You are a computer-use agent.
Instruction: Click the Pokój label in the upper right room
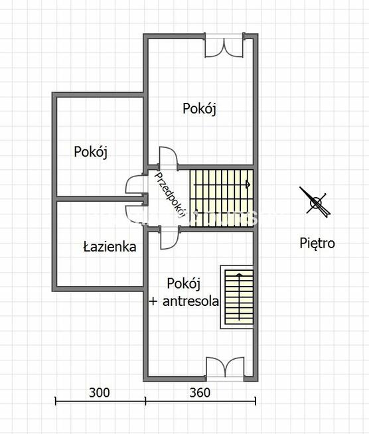pyautogui.click(x=200, y=109)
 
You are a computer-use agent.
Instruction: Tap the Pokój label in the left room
pyautogui.click(x=91, y=151)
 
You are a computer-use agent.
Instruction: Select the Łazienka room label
pyautogui.click(x=110, y=247)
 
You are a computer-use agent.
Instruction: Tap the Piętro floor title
pyautogui.click(x=317, y=244)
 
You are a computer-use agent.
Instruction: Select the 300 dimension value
pyautogui.click(x=99, y=393)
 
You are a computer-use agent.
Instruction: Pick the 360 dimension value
pyautogui.click(x=199, y=393)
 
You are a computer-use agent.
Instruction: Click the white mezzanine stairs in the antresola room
pyautogui.click(x=237, y=297)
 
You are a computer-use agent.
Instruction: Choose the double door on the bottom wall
pyautogui.click(x=225, y=368)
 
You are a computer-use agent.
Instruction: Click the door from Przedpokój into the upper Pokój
pyautogui.click(x=168, y=157)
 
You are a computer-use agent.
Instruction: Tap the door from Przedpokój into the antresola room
pyautogui.click(x=169, y=237)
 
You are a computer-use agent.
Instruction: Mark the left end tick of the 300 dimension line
pyautogui.click(x=56, y=400)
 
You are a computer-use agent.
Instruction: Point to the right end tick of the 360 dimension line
pyautogui.click(x=256, y=400)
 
